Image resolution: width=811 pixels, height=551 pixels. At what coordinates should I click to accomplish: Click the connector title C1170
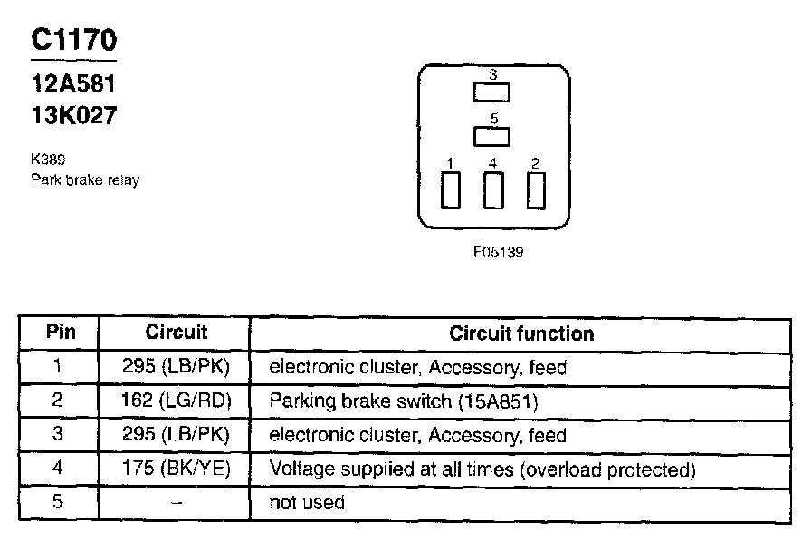pyautogui.click(x=73, y=40)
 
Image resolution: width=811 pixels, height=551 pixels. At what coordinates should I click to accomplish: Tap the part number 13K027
pyautogui.click(x=73, y=115)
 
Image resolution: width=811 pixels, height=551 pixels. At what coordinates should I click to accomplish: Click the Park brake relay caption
pyautogui.click(x=85, y=179)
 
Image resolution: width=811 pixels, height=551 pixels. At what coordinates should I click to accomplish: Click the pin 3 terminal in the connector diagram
pyautogui.click(x=492, y=92)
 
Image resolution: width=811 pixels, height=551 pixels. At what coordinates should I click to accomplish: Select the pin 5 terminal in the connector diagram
pyautogui.click(x=492, y=136)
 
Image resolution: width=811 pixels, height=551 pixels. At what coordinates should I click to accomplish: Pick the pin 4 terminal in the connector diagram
pyautogui.click(x=493, y=190)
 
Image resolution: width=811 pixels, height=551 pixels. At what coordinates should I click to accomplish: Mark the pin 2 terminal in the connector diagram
pyautogui.click(x=536, y=190)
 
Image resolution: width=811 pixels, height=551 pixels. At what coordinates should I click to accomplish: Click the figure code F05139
pyautogui.click(x=497, y=253)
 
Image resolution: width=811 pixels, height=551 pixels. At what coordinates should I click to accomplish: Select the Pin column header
pyautogui.click(x=61, y=333)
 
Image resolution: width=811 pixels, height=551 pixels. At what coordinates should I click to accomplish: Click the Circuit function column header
pyautogui.click(x=521, y=333)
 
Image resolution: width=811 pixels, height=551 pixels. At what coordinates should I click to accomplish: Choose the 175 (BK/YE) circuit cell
pyautogui.click(x=177, y=469)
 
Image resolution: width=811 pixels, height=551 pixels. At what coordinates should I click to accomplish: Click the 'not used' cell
pyautogui.click(x=307, y=503)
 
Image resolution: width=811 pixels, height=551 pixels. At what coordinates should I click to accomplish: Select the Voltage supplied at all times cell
pyautogui.click(x=482, y=469)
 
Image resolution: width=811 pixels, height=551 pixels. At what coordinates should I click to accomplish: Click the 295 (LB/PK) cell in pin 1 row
pyautogui.click(x=177, y=368)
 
